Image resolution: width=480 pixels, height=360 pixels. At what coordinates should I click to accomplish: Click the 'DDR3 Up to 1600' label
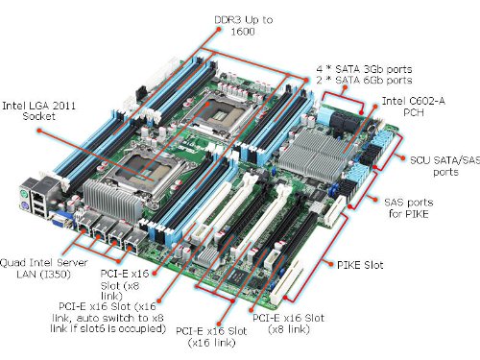click(x=244, y=26)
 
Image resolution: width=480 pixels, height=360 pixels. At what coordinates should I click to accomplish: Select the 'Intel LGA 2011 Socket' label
click(x=38, y=110)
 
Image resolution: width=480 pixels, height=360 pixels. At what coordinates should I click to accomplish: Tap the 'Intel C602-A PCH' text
click(x=414, y=107)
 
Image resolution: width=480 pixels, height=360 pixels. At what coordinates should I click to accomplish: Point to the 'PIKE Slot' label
click(x=360, y=265)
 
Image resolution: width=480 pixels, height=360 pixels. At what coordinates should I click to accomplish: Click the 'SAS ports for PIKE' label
click(x=409, y=208)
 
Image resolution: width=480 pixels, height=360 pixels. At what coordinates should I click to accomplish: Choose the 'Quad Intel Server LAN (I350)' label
click(x=43, y=269)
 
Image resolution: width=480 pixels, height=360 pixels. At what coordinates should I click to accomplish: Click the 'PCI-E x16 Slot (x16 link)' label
click(x=211, y=337)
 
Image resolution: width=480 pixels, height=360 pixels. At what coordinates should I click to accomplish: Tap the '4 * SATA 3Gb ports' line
click(x=364, y=69)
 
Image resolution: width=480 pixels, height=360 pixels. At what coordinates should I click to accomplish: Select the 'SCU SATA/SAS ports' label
click(x=445, y=166)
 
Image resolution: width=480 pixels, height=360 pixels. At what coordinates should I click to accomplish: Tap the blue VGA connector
click(x=60, y=219)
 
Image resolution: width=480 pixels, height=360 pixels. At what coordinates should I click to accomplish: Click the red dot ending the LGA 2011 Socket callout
click(x=39, y=131)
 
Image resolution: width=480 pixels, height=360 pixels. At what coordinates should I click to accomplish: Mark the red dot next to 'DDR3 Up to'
click(x=219, y=29)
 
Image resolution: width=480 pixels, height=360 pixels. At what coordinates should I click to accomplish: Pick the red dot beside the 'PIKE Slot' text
click(x=330, y=264)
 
